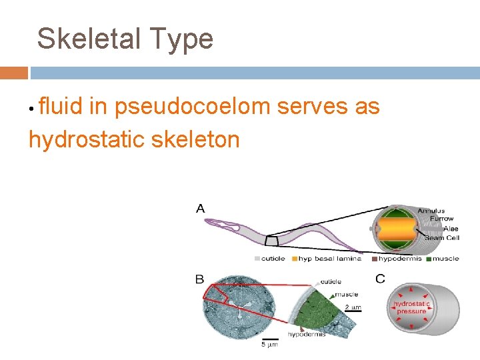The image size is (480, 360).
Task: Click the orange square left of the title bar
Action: coord(13,73)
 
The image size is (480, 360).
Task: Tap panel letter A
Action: coord(201,209)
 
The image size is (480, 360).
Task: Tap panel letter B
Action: coord(200,279)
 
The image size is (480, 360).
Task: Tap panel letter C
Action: coord(379,279)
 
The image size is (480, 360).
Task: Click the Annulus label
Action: coord(431,211)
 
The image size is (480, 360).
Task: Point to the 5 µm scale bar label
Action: coord(269,345)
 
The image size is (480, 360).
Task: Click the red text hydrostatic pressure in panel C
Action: coord(411,307)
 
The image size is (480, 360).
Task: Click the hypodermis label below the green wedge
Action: coord(307,334)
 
